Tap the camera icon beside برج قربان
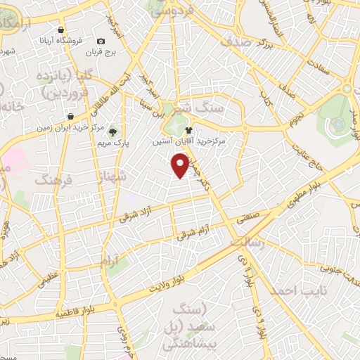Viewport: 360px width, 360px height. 101,42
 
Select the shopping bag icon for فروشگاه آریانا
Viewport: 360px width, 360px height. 62,30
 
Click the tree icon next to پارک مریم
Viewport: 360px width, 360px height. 114,131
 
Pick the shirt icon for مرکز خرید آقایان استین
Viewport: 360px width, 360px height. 188,130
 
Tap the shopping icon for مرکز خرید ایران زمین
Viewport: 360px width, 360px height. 70,117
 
